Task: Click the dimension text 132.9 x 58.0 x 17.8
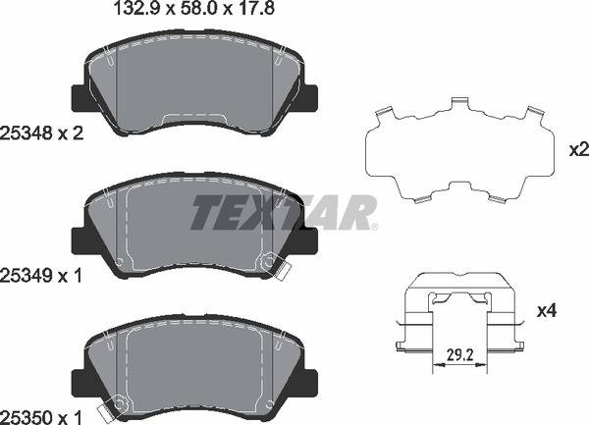click(x=193, y=8)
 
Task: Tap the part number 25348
click(x=26, y=133)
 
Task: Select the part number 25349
click(x=26, y=277)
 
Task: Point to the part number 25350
click(x=26, y=417)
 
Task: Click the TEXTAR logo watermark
click(x=284, y=212)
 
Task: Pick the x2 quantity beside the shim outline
click(x=579, y=150)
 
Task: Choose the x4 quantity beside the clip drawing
click(x=547, y=311)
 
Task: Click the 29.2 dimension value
click(x=460, y=354)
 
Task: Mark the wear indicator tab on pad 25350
click(x=106, y=413)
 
